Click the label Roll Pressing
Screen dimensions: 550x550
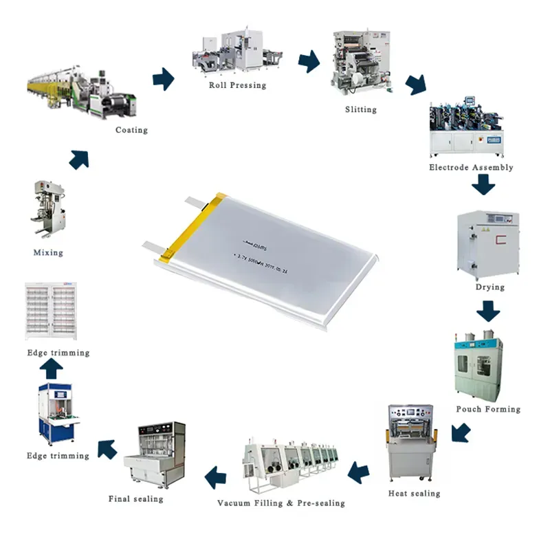point(237,85)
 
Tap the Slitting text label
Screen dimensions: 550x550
point(360,109)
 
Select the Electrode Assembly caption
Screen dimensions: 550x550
point(471,167)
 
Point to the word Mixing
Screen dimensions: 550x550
point(48,252)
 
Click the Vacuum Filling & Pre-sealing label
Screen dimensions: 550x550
point(281,503)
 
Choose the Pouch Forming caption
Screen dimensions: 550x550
point(488,409)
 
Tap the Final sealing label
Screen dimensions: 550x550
point(136,498)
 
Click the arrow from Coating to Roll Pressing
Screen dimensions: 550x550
point(163,78)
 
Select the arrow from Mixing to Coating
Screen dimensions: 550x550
point(79,159)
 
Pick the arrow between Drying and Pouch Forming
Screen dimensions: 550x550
point(489,312)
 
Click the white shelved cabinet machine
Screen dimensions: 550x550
point(57,311)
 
